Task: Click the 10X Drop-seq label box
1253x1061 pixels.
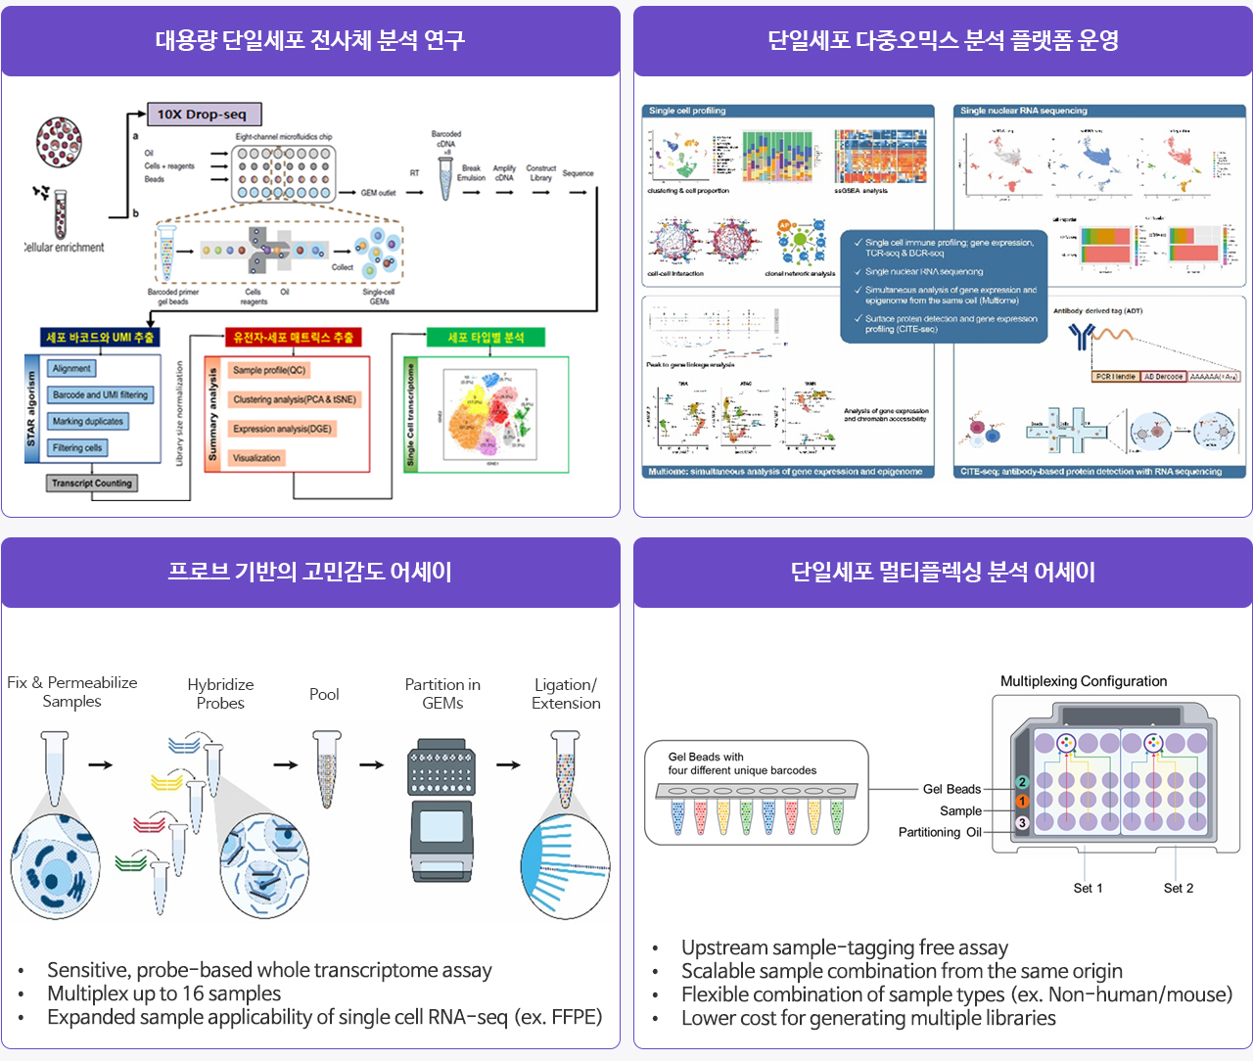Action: pos(204,115)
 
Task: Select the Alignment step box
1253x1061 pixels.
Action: pos(71,369)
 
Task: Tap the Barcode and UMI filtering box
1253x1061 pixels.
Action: pos(100,394)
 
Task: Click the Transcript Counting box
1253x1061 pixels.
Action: pos(92,483)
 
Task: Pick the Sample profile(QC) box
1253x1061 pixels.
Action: pos(269,370)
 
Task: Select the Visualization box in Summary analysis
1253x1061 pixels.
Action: pos(256,458)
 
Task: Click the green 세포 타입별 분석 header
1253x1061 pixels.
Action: pos(486,338)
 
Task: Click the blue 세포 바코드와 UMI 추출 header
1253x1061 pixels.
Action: pos(100,338)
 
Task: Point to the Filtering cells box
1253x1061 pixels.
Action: pos(77,447)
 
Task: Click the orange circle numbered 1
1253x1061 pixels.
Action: pos(1022,802)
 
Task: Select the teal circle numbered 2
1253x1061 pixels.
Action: pos(1022,782)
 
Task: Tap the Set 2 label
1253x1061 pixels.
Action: pos(1178,888)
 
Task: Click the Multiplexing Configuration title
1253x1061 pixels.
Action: pos(1083,681)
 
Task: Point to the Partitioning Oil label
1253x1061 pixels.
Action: pos(939,832)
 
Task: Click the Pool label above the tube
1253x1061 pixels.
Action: pos(324,694)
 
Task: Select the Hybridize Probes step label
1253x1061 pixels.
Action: pos(220,694)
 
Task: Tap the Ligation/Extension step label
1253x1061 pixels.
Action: pos(566,694)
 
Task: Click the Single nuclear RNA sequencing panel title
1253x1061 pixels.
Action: pos(1023,111)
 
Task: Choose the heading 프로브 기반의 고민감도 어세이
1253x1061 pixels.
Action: pos(309,572)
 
